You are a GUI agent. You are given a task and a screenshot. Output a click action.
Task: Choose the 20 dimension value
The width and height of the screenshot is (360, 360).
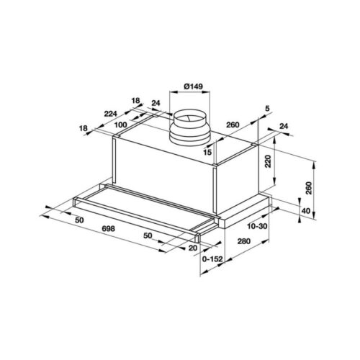pos(192,248)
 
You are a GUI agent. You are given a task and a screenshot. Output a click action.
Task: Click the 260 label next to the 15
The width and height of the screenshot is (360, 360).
pos(233,125)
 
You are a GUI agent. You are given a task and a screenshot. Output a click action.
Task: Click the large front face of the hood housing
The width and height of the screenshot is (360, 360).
pos(166,165)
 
